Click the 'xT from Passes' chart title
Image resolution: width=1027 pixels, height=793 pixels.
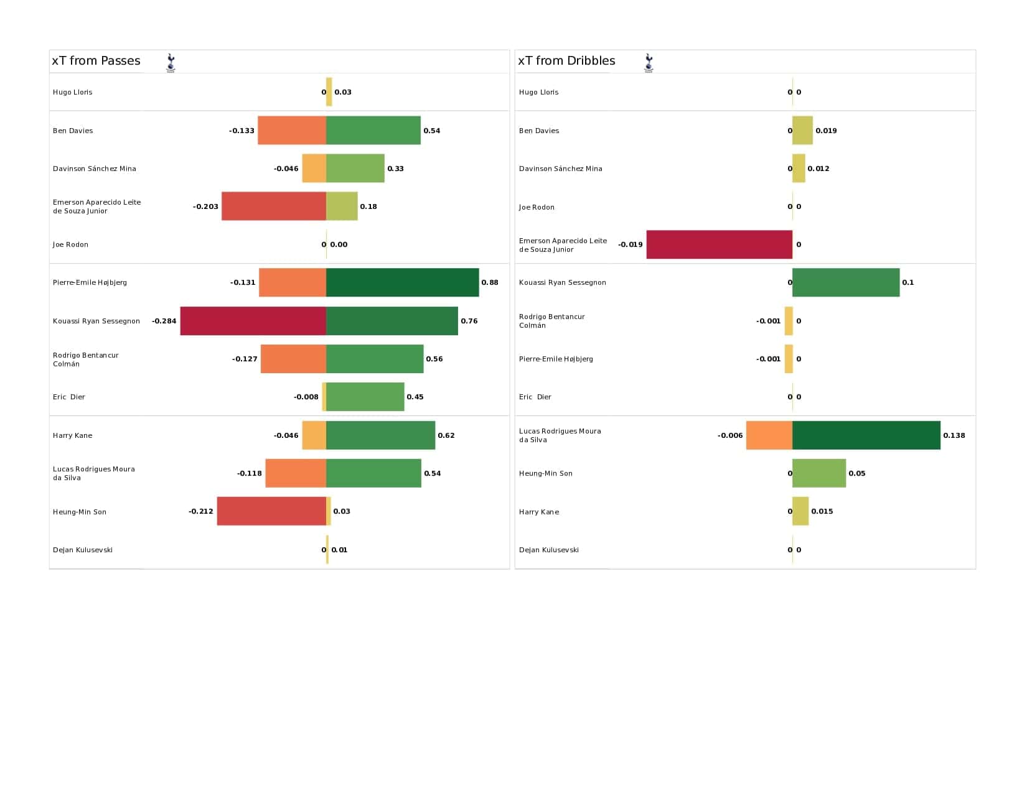[x=96, y=61]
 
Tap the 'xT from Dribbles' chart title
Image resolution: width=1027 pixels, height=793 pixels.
[x=566, y=61]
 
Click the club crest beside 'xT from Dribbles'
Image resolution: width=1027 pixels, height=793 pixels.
[x=649, y=63]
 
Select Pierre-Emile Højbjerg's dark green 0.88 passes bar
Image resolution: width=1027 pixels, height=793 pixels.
[x=402, y=282]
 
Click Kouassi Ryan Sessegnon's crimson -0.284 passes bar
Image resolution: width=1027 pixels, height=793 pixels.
[x=253, y=321]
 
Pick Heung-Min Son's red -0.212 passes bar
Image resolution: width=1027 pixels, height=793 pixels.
[x=271, y=511]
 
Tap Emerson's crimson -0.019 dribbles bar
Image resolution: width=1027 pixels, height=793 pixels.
[x=719, y=244]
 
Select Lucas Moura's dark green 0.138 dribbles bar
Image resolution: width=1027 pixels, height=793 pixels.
[x=866, y=435]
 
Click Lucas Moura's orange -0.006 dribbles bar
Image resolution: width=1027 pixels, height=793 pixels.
[x=769, y=435]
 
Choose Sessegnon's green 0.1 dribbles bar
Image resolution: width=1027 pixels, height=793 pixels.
[x=845, y=282]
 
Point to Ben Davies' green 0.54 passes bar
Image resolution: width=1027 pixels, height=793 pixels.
[x=373, y=131]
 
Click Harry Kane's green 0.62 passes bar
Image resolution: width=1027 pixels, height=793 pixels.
[x=380, y=435]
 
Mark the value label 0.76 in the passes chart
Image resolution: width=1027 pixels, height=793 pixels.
[x=469, y=321]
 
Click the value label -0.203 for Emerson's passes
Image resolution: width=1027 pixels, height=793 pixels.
[x=205, y=206]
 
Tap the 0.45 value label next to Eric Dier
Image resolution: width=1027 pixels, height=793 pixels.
[x=415, y=397]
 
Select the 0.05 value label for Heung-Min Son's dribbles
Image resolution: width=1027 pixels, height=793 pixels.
[x=856, y=473]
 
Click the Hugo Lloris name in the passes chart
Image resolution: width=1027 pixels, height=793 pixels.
[x=72, y=92]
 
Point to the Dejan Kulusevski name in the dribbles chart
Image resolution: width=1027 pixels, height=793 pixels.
[x=549, y=550]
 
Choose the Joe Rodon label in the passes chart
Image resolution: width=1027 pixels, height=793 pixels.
[x=70, y=244]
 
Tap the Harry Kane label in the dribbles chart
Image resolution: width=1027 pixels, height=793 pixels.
[x=539, y=511]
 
